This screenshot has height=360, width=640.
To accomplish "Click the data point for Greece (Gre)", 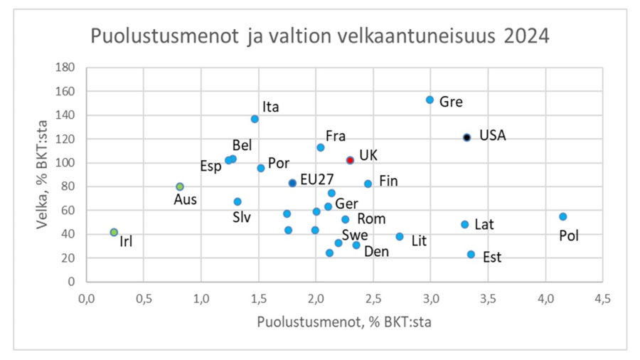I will (x=430, y=100).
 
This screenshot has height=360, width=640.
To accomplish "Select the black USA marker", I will (x=466, y=137).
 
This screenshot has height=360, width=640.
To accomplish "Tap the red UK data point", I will (x=350, y=160).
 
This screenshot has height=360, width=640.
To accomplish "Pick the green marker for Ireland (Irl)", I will (x=114, y=232).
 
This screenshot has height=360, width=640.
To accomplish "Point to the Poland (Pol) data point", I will (x=562, y=216).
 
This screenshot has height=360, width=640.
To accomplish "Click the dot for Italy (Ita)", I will (x=255, y=119).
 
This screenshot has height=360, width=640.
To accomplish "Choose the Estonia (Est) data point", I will (x=471, y=254).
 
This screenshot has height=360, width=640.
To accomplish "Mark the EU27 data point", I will (x=292, y=183).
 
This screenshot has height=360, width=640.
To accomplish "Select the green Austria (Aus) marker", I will (x=180, y=186).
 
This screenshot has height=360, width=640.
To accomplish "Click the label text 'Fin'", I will (x=388, y=181).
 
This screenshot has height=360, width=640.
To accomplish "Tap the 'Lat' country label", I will (x=484, y=225).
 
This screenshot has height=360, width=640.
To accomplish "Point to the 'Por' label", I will (x=278, y=163).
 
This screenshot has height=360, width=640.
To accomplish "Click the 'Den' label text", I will (x=376, y=251).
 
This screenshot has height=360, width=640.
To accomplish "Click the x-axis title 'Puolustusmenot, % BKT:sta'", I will (x=344, y=321).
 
